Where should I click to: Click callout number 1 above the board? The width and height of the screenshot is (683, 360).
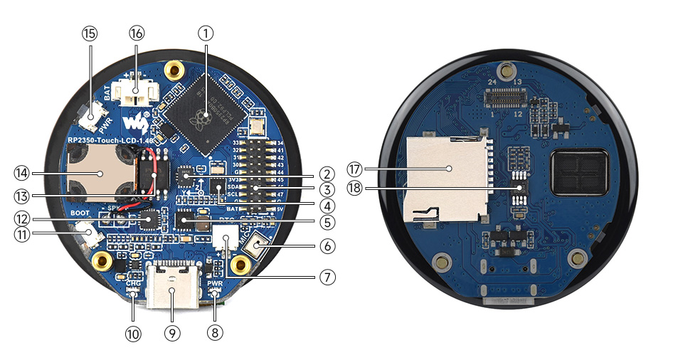click(x=206, y=33)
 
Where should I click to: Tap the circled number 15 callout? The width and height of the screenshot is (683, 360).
click(x=90, y=33)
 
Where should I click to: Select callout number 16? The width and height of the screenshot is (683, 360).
click(x=137, y=33)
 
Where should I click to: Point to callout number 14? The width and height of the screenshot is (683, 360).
click(x=23, y=172)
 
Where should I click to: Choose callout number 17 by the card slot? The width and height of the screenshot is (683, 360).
click(x=356, y=169)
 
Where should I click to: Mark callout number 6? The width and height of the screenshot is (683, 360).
click(x=327, y=246)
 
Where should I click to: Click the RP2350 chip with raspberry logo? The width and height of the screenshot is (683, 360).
click(x=206, y=115)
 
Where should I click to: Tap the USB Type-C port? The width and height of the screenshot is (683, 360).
click(x=171, y=285)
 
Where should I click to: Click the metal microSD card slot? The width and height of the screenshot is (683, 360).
click(x=446, y=178)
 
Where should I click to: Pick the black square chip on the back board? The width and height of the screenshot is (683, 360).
click(x=580, y=174)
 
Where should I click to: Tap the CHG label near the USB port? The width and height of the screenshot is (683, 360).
click(x=133, y=284)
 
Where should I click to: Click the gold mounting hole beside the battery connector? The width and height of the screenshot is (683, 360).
click(x=172, y=70)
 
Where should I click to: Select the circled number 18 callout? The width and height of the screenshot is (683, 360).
click(x=356, y=188)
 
